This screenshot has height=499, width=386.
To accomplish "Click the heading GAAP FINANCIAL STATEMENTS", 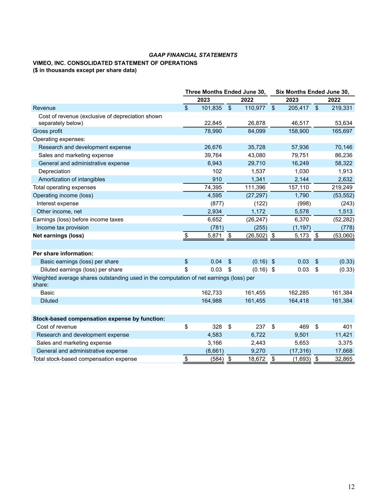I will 193,55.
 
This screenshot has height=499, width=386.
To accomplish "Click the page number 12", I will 351,487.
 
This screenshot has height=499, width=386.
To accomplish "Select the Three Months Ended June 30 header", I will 225,92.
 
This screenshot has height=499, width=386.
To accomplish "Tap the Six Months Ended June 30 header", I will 312,92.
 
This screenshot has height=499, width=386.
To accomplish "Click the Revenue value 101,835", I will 211,108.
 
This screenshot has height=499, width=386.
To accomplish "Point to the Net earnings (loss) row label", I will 58,235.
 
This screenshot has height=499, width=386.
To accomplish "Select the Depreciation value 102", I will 217,171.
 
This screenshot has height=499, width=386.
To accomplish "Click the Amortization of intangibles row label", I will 72,179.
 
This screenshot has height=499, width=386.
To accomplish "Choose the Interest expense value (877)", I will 217,203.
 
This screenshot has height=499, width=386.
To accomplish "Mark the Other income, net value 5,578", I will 301,211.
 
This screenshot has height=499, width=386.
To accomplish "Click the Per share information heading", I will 63,253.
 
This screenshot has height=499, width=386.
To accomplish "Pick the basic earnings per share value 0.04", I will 216,261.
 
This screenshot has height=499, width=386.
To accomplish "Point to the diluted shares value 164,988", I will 211,300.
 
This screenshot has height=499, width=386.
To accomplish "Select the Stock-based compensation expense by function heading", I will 99,318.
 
